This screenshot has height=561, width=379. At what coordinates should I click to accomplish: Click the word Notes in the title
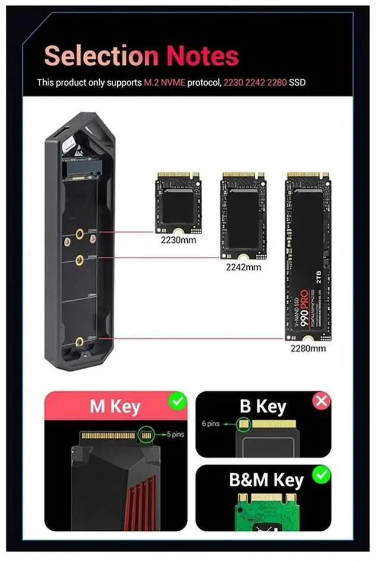click(x=203, y=56)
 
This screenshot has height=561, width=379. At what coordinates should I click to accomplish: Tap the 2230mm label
click(x=178, y=241)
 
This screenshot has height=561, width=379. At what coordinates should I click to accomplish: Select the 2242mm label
click(x=243, y=267)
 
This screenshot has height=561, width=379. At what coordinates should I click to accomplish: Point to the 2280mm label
click(x=308, y=348)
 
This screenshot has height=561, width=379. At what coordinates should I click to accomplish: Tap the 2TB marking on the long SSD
click(x=318, y=279)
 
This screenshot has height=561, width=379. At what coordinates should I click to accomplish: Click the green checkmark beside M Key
click(x=177, y=403)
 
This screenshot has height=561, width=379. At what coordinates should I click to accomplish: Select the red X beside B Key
click(x=322, y=402)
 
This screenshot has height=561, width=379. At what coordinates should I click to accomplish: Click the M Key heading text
click(x=115, y=408)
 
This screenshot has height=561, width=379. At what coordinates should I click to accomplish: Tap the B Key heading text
click(x=263, y=408)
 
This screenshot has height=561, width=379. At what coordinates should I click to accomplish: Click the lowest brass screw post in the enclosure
click(x=79, y=341)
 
